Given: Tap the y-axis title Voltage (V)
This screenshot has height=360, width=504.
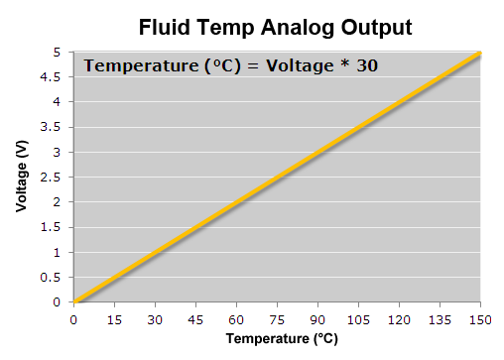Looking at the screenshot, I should [21, 178].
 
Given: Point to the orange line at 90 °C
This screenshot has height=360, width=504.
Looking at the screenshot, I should [317, 152].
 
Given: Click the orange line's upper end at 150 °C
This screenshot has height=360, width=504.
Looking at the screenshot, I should [479, 53].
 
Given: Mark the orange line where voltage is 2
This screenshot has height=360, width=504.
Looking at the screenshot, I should [236, 202].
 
